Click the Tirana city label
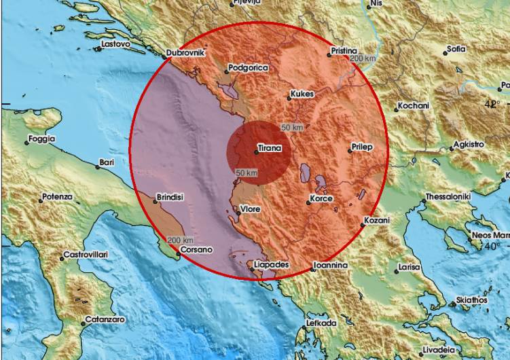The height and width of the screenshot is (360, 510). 269,147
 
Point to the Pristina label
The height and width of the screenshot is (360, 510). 344,51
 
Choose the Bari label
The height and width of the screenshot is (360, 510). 106,162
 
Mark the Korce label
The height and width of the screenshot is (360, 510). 321,200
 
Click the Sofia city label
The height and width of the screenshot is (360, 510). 456,50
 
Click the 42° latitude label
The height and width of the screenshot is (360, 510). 491,104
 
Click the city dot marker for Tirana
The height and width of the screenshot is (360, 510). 256,151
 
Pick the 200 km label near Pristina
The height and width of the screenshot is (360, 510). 363,59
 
